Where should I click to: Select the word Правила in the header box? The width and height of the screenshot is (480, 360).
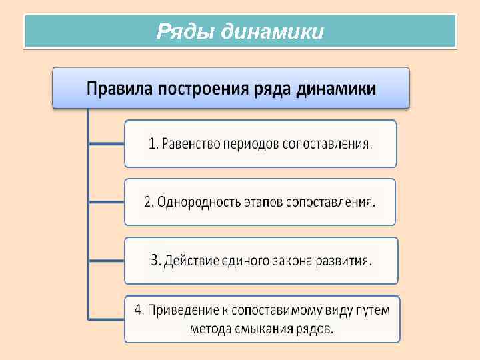click(120, 89)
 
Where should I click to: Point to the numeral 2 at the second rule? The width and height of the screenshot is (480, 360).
click(148, 202)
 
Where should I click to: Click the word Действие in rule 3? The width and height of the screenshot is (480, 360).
click(191, 260)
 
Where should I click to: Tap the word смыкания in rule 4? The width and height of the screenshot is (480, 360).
click(263, 328)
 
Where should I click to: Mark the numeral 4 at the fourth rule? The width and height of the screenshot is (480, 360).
click(138, 310)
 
